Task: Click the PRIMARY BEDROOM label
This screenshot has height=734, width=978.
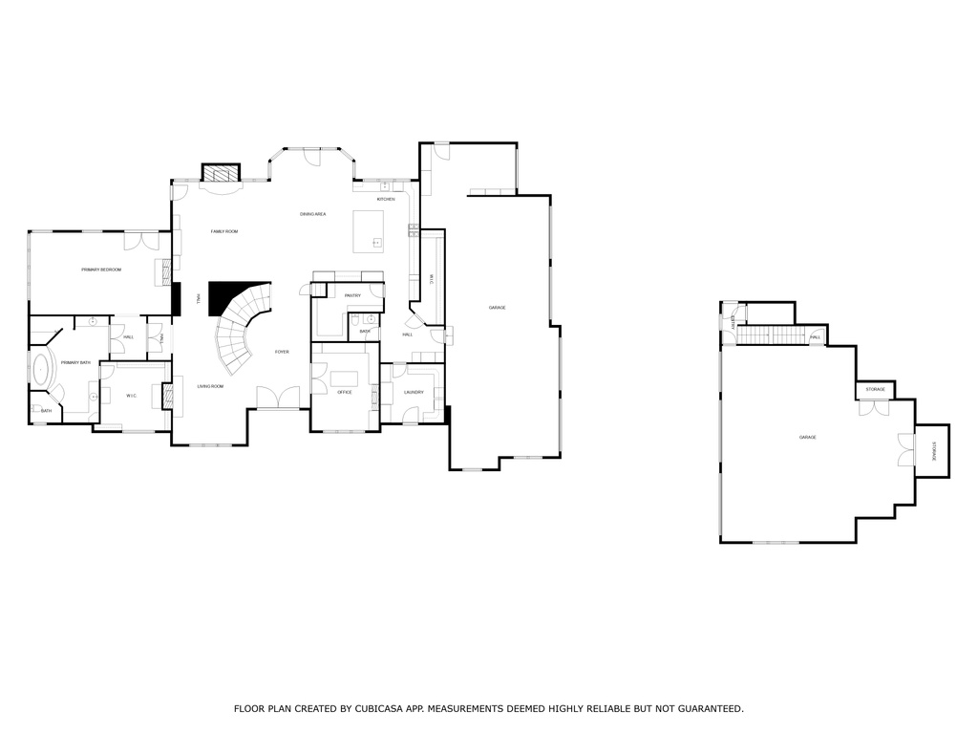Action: (x=101, y=270)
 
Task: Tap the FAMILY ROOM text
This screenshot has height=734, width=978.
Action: (x=224, y=231)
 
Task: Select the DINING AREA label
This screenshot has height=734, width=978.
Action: (x=313, y=214)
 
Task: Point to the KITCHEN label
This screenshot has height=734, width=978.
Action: (x=386, y=199)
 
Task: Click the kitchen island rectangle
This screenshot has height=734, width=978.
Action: (x=369, y=231)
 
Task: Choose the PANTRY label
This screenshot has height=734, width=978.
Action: (x=352, y=296)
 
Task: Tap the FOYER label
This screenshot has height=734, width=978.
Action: (x=282, y=352)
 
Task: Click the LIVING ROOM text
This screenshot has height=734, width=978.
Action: (x=210, y=386)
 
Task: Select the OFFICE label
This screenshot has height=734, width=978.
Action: (x=345, y=392)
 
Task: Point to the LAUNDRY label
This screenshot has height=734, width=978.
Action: (x=414, y=392)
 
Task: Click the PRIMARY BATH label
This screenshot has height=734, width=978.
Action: (x=75, y=363)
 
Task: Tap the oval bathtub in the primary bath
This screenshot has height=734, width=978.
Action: (x=41, y=371)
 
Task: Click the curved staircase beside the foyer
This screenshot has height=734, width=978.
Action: (x=239, y=330)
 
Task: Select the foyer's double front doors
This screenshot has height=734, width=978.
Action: (x=278, y=399)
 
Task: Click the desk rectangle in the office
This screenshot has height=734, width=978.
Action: (x=351, y=369)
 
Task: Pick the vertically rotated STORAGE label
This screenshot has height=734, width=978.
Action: (x=935, y=450)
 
